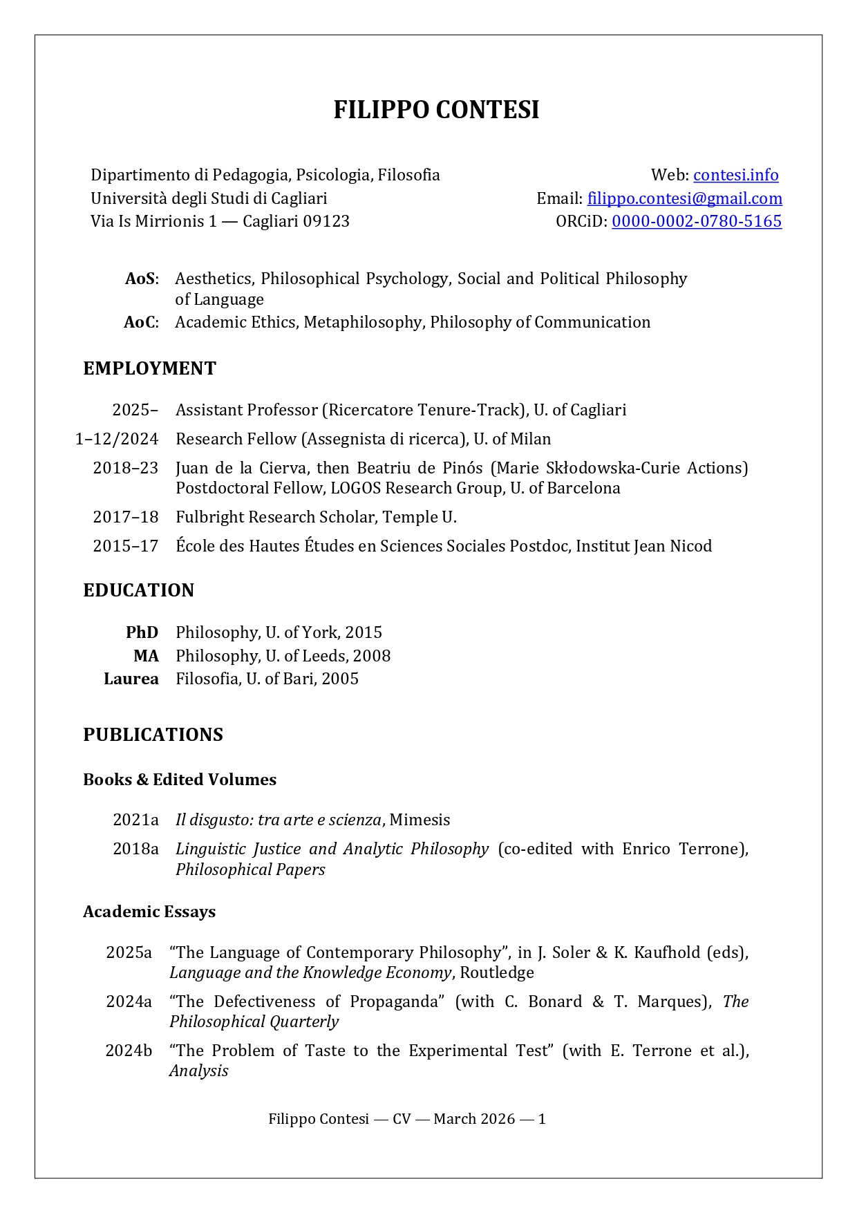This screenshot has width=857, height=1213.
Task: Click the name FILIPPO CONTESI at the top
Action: pos(436,111)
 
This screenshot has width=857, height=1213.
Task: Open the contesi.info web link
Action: pos(735,175)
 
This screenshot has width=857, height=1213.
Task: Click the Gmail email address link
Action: pos(684,198)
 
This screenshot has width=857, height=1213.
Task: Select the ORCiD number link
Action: pos(696,221)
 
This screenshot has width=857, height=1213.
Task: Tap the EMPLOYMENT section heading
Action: pos(149,368)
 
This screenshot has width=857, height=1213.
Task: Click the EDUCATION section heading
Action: pos(138,590)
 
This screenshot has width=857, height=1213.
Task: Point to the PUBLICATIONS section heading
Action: pos(153,735)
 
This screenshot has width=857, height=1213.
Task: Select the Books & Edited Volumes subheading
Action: pos(180,780)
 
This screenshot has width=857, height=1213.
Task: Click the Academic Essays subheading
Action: pos(149,912)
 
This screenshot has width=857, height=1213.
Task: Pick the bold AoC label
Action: pos(141,322)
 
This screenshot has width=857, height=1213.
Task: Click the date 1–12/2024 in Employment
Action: pos(117,439)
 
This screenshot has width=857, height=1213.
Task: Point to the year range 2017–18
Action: pos(126,517)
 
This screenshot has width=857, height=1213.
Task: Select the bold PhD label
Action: pos(142,632)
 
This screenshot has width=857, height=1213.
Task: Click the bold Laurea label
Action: pos(131,679)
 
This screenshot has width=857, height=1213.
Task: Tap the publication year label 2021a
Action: pos(135,820)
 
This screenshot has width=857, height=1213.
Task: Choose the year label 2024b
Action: pos(129,1051)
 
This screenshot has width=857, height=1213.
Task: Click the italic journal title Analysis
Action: pos(199,1071)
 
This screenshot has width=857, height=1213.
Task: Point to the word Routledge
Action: pos(497,972)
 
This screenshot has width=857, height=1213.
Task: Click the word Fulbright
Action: pos(207,517)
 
